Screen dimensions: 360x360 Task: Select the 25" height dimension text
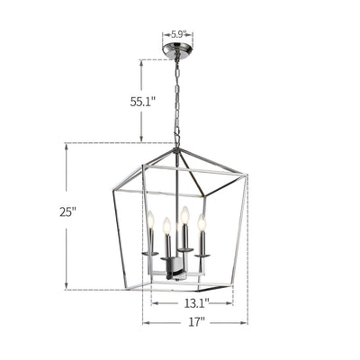68,212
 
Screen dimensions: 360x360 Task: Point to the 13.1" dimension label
196,303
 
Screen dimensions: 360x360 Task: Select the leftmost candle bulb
150,220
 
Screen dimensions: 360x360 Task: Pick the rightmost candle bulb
202,222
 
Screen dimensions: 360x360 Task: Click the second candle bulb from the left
167,226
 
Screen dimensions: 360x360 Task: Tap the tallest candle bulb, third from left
184,215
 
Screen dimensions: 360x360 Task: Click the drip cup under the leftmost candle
150,254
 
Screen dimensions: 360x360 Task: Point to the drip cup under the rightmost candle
202,255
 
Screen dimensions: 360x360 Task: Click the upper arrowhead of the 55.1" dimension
141,62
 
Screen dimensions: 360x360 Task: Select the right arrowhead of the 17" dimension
245,321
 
